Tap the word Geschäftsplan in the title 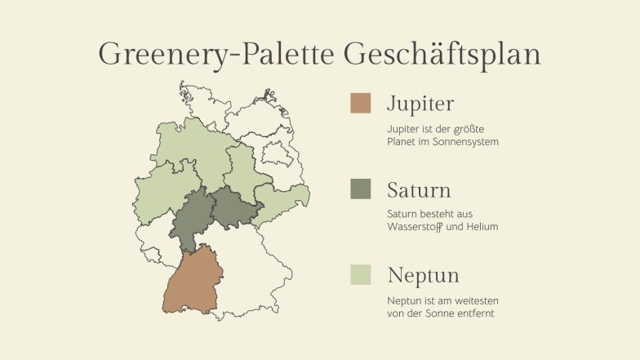click(442, 56)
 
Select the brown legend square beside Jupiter click(360, 103)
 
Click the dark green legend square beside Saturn click(360, 189)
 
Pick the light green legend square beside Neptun click(360, 274)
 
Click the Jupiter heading click(420, 104)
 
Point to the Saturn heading click(419, 191)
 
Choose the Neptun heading click(423, 275)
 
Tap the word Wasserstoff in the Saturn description click(417, 226)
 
